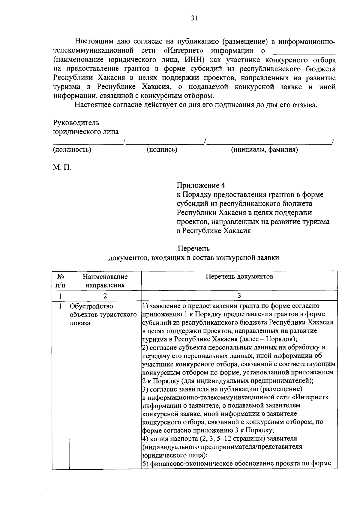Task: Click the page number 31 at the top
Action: point(194,19)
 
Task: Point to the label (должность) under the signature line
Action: point(72,150)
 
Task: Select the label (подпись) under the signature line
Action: point(162,150)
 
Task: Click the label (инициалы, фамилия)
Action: point(264,150)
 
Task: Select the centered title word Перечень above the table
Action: point(194,249)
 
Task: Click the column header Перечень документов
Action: point(239,276)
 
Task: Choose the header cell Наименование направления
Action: point(105,281)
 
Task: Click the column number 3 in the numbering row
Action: point(239,296)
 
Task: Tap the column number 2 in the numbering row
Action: point(105,296)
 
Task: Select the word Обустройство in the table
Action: point(91,306)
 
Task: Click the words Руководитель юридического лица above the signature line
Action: point(86,127)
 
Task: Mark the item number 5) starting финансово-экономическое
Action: point(145,463)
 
